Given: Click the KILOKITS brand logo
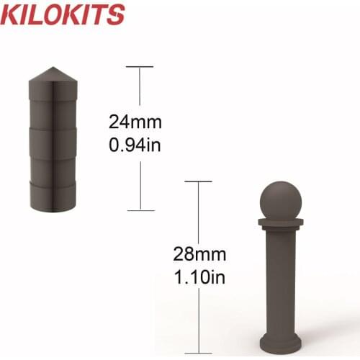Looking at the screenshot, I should point(63,14).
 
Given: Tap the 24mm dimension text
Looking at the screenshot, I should point(140,120).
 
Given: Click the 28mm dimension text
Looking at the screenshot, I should point(199,254).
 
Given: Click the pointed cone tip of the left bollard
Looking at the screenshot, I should point(54,71).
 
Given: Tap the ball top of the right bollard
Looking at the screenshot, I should point(279,201).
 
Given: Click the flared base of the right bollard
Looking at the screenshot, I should point(280,339).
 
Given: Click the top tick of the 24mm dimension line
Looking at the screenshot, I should point(140,67).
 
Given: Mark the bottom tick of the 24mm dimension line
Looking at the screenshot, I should point(140,210).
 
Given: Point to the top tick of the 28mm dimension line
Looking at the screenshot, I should point(199,181).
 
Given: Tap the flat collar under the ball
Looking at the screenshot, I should point(279,222).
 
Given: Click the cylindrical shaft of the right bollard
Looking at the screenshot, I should point(280,281).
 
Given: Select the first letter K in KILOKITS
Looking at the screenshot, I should point(12,14).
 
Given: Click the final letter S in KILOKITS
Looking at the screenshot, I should point(115,14).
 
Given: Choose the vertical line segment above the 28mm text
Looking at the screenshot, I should point(199,212).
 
